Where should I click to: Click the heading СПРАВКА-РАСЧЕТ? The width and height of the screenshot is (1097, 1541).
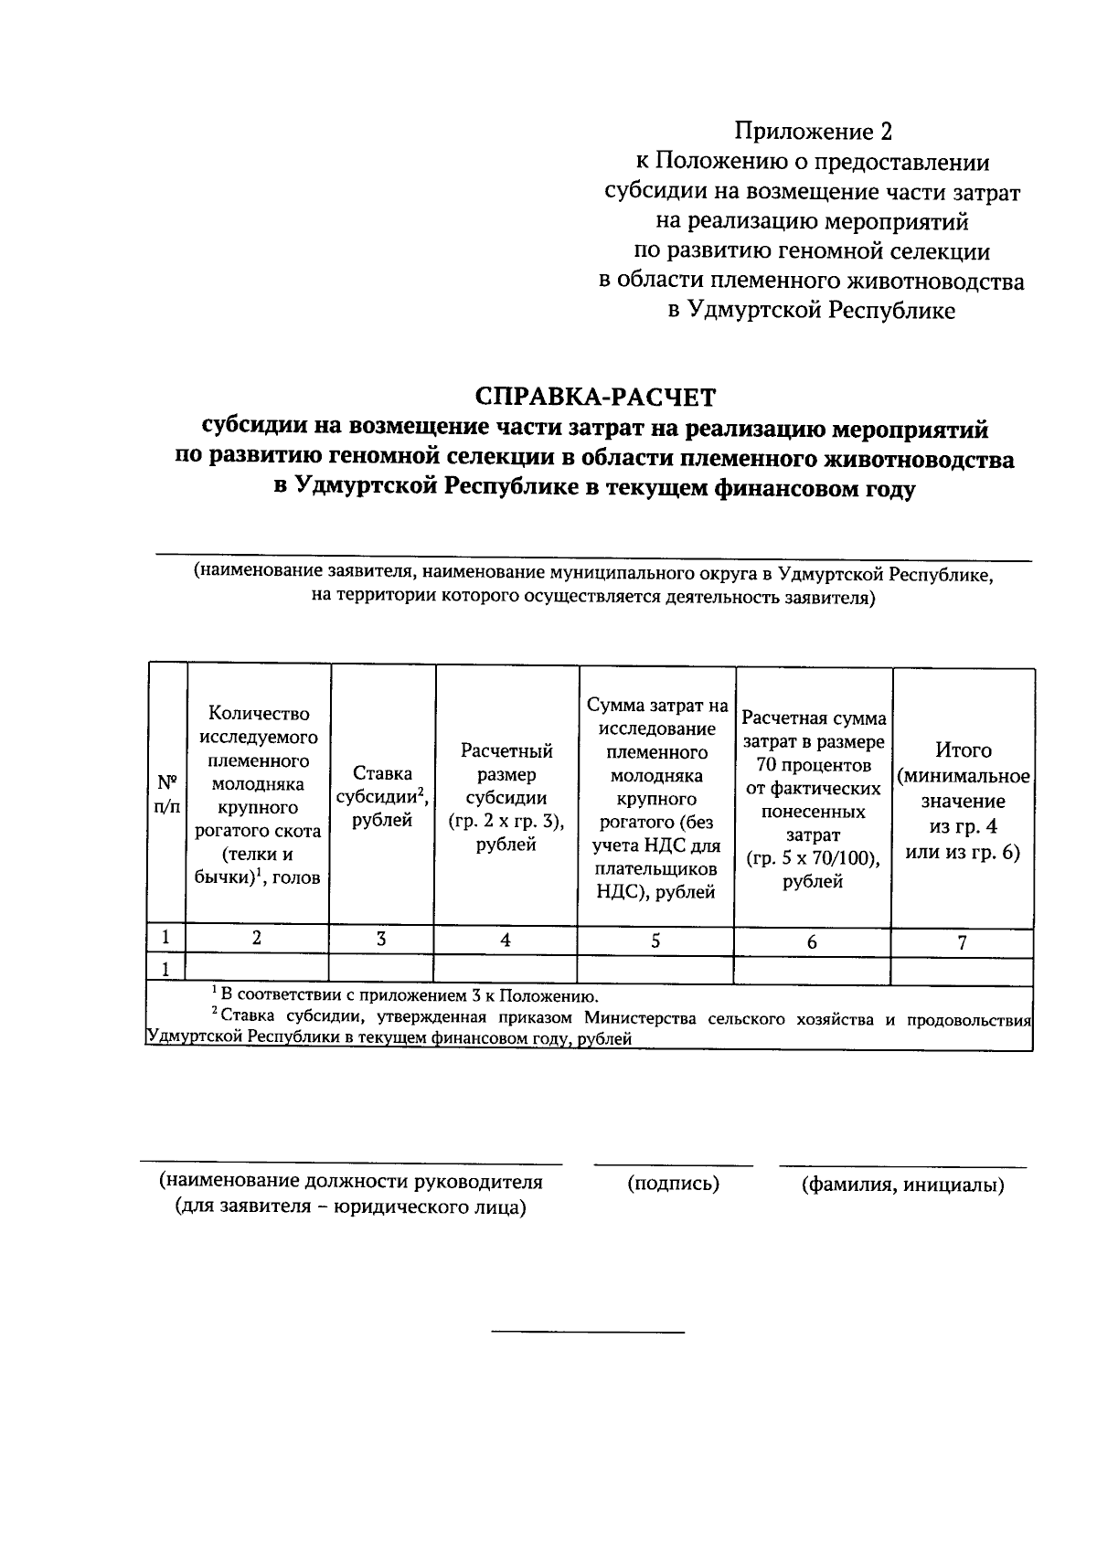coord(595,397)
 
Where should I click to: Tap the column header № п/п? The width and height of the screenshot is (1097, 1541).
coord(167,794)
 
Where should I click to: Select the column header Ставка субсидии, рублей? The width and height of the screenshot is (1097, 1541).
coord(382,796)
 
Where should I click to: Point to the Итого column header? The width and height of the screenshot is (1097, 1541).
coord(964,801)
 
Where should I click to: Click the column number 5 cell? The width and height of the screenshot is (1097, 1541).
coord(655,941)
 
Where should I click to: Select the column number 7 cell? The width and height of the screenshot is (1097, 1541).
coord(963,942)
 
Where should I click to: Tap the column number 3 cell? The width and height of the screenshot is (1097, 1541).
coord(381,939)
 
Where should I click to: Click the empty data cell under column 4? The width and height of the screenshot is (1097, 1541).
coord(506,969)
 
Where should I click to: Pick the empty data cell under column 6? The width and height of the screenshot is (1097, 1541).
coord(812,971)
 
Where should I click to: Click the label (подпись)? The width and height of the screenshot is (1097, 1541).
coord(673,1184)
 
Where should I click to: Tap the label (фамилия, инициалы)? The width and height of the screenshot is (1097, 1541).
coord(902,1185)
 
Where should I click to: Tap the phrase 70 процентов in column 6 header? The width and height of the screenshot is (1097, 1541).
coord(814,765)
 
